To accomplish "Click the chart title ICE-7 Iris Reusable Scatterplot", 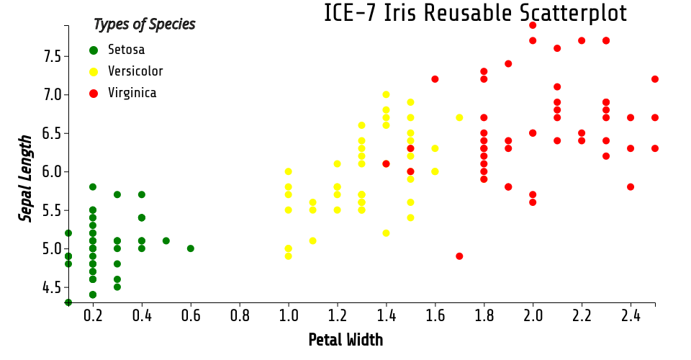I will tap(475, 14).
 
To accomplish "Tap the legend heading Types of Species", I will tap(144, 24).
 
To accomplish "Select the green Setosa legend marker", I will tap(93, 50).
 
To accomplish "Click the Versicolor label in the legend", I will tap(135, 71).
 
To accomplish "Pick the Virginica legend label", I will tap(132, 93).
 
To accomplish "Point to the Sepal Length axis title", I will tap(26, 178).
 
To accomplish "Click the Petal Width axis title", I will tap(345, 340).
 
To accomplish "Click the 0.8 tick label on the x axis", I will tap(240, 316).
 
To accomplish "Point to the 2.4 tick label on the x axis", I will tap(631, 316).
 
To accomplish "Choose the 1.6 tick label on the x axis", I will tap(435, 316).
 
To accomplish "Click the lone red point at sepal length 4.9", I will tap(459, 256).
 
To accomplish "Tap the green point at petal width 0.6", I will tap(191, 248).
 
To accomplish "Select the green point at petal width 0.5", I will tap(166, 240).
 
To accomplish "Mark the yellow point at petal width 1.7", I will tap(459, 117).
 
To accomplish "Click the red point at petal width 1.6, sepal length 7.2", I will tap(435, 79).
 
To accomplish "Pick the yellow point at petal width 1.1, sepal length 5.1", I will tap(313, 240).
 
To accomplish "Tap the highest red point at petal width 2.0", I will tap(533, 25).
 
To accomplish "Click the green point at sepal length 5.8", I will tap(93, 186).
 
